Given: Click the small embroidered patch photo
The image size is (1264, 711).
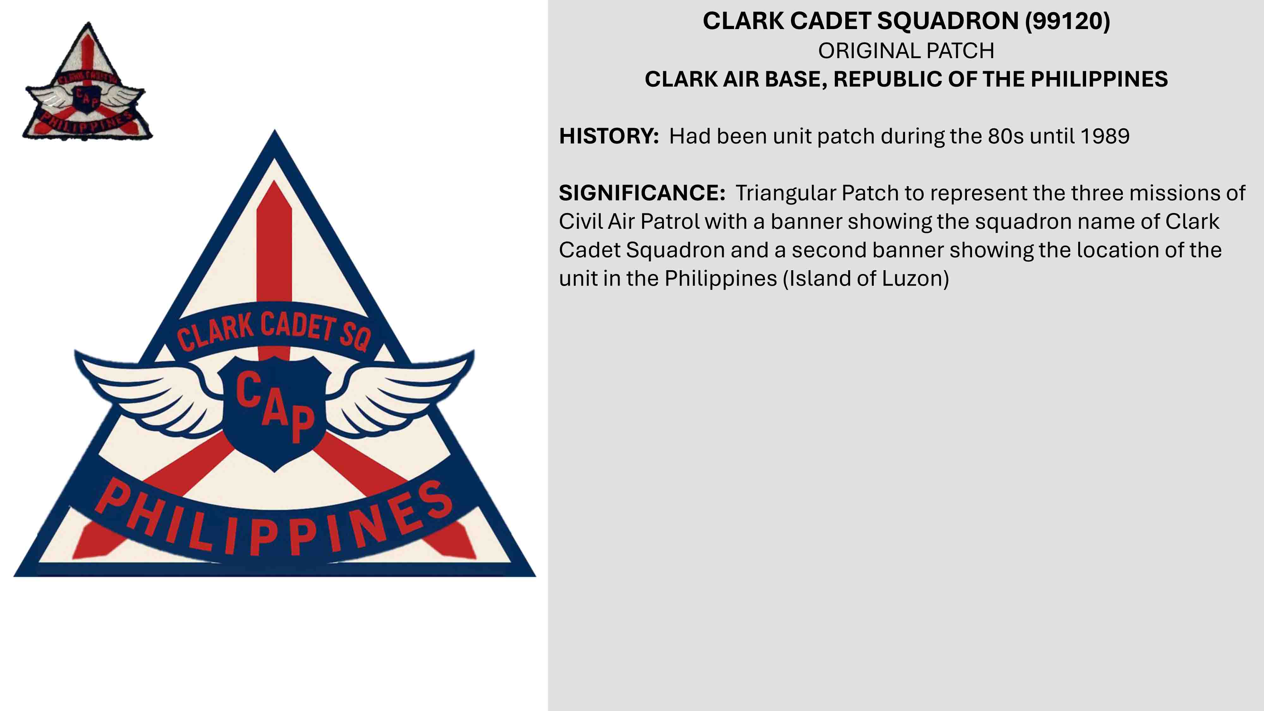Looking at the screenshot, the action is tap(87, 82).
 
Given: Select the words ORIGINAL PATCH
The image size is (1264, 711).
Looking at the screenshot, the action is tap(906, 51).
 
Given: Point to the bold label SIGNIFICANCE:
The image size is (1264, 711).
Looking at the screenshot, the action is tap(642, 193).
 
